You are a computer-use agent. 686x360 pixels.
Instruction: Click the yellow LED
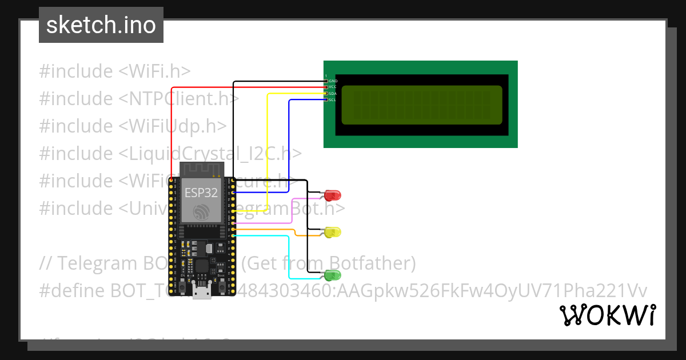coord(332,232)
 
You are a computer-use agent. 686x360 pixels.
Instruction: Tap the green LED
coord(332,275)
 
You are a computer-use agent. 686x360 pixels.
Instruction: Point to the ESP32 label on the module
coord(201,193)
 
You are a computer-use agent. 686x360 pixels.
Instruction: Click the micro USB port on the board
coord(201,293)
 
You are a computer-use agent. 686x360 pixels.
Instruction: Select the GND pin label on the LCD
coord(333,81)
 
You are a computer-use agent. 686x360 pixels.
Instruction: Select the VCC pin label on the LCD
coord(333,87)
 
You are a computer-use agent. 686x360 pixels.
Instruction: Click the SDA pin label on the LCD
coord(333,93)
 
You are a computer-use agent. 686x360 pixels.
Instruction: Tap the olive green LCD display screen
coord(422,105)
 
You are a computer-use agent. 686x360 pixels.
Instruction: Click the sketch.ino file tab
coord(101,25)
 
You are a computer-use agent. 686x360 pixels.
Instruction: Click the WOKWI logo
coord(607,315)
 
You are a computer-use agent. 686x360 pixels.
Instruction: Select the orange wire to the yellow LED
coord(269,230)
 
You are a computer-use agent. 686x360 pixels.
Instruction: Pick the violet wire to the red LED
coord(292,211)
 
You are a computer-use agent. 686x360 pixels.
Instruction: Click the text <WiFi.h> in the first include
coord(154,71)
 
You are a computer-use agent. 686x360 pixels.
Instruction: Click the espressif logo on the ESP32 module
coord(201,212)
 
